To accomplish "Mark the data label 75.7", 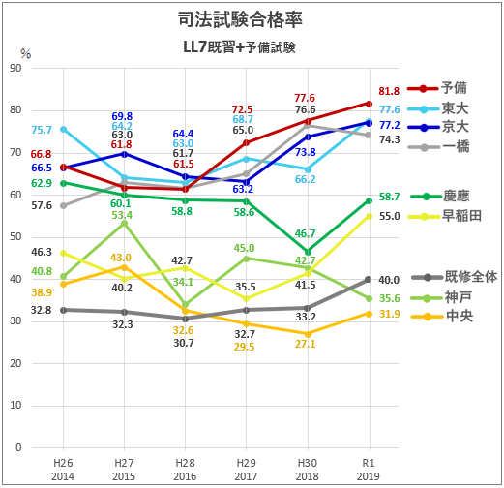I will [42, 130].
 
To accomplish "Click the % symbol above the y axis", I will [26, 53].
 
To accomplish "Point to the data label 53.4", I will [122, 215].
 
